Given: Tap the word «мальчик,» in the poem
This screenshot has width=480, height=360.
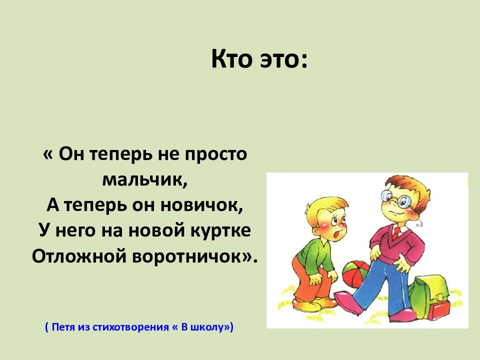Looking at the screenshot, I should point(145,179).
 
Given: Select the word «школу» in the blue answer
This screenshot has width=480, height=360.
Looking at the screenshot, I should point(208,328).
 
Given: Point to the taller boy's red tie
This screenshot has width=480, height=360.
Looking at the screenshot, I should point(396,232).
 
